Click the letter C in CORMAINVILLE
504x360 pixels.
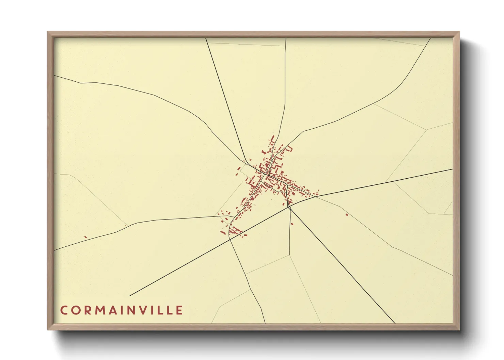(64, 310)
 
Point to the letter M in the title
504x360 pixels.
(100, 310)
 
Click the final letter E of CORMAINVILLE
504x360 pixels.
(179, 310)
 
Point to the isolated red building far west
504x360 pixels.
(85, 237)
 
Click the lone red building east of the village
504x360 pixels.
(347, 214)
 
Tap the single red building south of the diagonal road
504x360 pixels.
(292, 214)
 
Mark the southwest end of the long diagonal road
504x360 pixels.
(130, 296)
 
